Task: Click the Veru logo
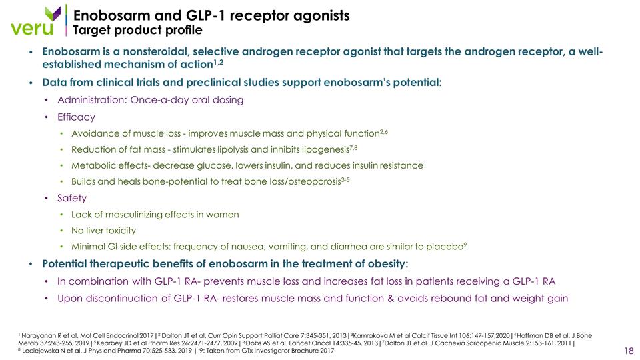pos(36,21)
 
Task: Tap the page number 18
pos(629,351)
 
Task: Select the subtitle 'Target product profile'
pos(137,30)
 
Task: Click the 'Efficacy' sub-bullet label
pos(76,117)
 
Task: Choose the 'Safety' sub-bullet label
pos(72,198)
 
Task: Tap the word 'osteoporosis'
pos(314,181)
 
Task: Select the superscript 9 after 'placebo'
pos(465,245)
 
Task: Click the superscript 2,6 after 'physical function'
pos(384,132)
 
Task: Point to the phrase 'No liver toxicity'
pos(104,231)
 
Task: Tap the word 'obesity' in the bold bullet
pos(388,264)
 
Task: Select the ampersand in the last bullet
pos(391,299)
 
